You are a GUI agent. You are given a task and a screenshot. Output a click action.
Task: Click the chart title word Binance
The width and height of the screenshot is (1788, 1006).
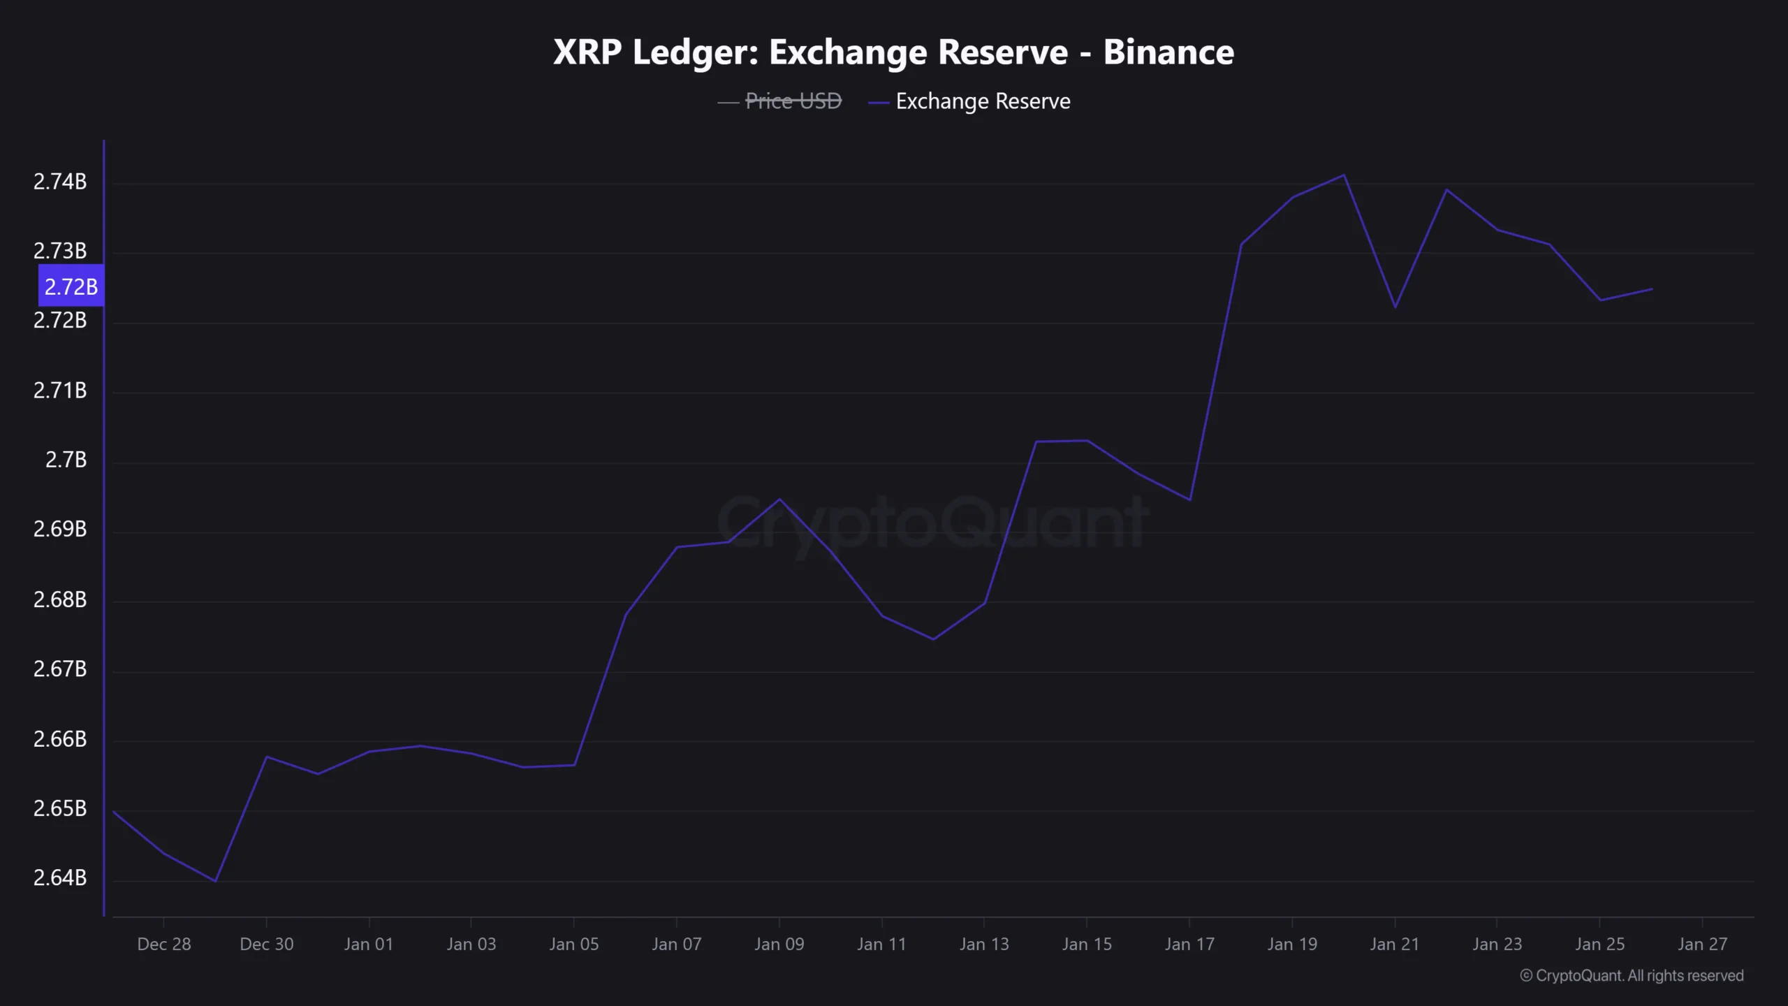(1168, 52)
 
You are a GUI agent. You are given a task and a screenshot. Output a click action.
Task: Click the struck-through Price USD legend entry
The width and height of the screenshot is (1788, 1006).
(793, 101)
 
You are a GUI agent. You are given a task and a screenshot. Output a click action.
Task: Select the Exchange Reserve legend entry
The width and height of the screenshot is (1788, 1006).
(982, 101)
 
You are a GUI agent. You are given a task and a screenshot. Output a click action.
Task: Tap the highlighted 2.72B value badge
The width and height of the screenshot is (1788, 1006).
(71, 286)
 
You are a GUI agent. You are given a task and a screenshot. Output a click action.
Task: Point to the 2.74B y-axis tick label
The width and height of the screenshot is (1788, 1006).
(60, 182)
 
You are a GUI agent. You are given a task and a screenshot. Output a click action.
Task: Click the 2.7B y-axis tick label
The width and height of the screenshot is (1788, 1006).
(66, 460)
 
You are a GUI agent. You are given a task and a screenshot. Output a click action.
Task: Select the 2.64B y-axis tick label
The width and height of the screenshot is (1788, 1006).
(60, 877)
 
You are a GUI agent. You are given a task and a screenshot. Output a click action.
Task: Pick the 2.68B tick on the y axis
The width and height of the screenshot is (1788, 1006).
(60, 599)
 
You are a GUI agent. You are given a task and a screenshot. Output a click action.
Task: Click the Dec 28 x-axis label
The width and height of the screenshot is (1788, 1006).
(164, 944)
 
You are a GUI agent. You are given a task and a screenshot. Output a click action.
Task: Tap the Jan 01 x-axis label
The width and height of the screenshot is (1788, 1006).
(369, 944)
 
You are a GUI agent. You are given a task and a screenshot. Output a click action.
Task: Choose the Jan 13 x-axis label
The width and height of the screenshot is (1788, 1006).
(984, 944)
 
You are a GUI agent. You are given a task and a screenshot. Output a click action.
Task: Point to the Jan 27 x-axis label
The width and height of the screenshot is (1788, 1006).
(1702, 944)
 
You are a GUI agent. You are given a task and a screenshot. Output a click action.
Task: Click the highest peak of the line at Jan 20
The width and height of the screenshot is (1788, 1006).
(1344, 175)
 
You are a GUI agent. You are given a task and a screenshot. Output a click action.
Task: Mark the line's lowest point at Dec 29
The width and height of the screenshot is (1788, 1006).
(215, 881)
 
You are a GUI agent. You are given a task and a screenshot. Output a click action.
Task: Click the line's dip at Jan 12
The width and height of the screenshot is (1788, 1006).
(933, 639)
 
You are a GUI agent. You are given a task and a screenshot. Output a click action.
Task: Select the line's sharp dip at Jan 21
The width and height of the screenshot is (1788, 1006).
(1395, 307)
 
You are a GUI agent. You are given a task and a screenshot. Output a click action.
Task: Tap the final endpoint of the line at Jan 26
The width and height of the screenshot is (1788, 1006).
(1652, 289)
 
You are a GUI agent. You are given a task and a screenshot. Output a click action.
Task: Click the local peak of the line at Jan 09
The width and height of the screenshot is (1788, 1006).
(779, 499)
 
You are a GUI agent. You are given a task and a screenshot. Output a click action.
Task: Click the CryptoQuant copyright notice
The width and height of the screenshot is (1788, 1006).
(1632, 975)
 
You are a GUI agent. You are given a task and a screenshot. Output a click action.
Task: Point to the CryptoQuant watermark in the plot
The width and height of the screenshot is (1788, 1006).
(932, 523)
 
